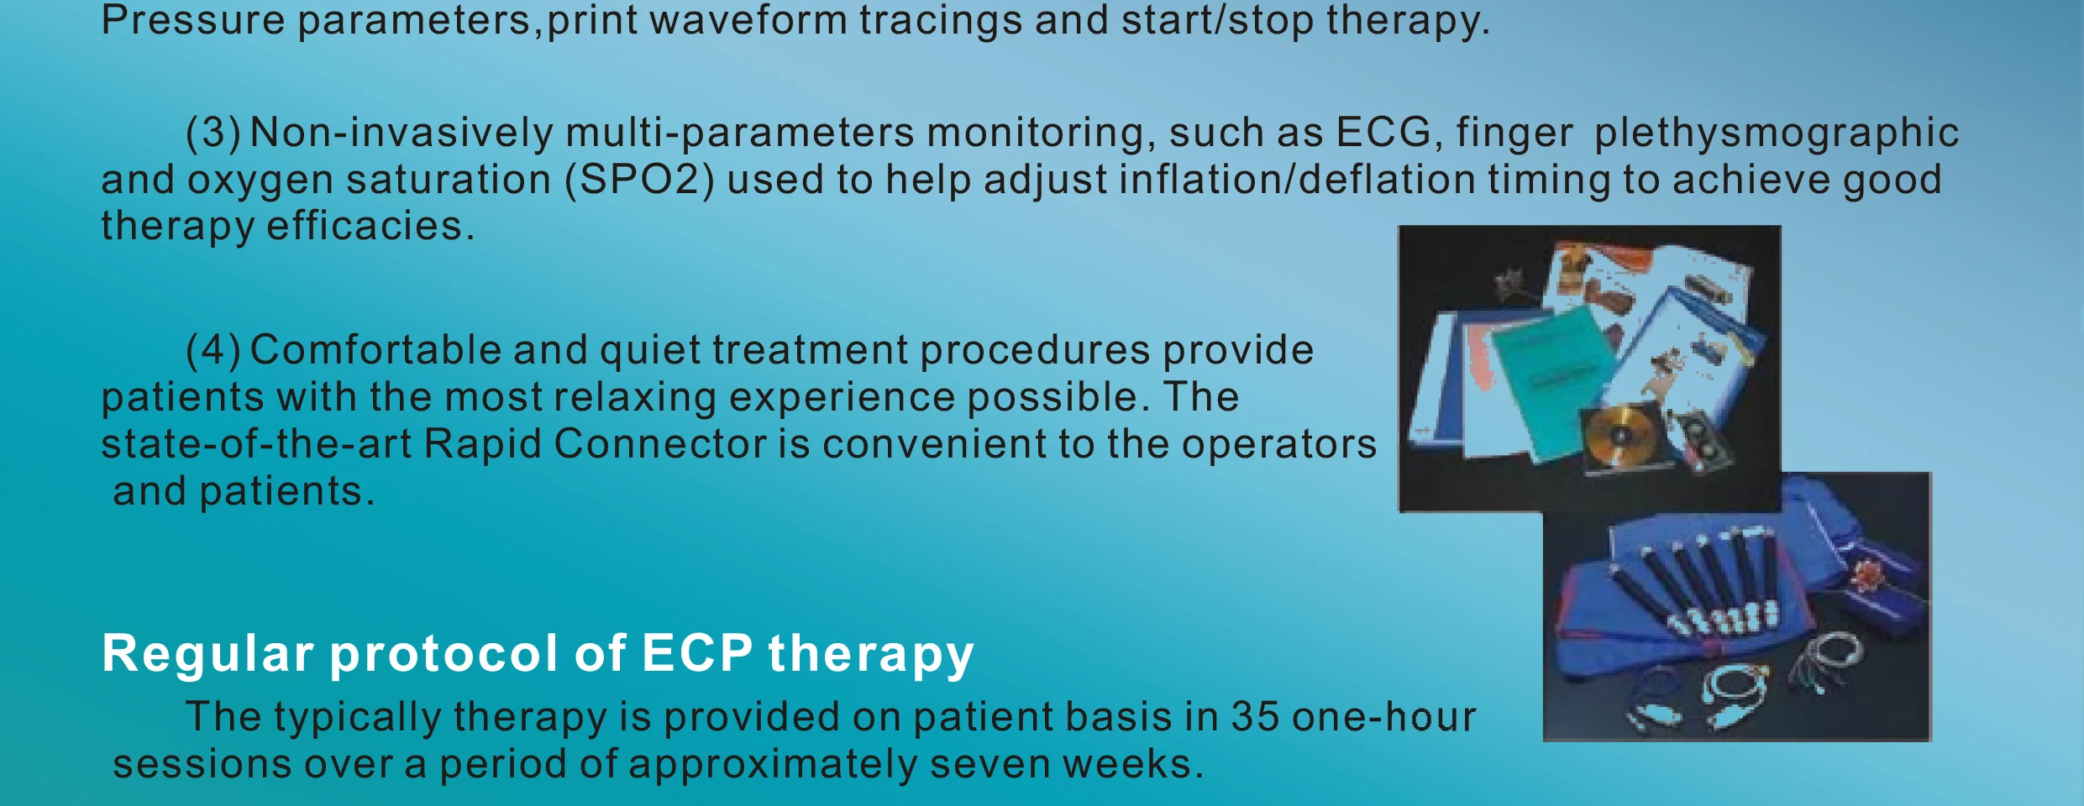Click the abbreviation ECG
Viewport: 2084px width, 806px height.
pos(1383,133)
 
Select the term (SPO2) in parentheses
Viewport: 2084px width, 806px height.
pos(640,181)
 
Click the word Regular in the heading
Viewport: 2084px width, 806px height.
pos(207,653)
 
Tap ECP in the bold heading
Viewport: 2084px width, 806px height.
pos(697,653)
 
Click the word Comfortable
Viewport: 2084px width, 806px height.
pos(375,350)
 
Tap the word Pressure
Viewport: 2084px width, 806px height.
pos(193,20)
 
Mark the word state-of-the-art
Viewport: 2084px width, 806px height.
pos(256,444)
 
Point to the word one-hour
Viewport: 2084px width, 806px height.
pos(1383,717)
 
